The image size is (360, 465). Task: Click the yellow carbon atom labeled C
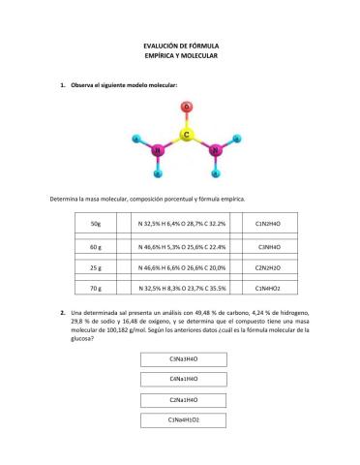pyautogui.click(x=186, y=135)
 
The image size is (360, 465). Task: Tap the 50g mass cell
pyautogui.click(x=95, y=225)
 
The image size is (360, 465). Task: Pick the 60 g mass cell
pyautogui.click(x=95, y=247)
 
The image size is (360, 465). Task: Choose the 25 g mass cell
pyautogui.click(x=95, y=267)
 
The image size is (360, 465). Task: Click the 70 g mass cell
pyautogui.click(x=95, y=288)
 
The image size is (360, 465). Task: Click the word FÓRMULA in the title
pyautogui.click(x=202, y=45)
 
